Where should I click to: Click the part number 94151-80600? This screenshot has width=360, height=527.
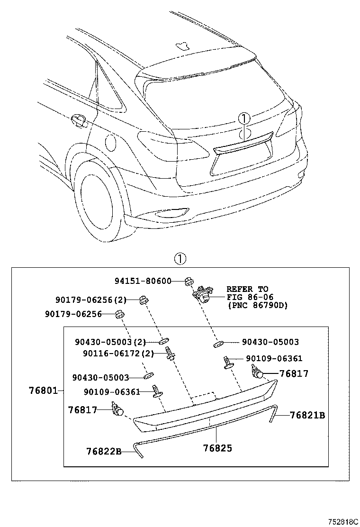(x=143, y=281)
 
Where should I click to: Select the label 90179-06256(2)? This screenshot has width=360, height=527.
(x=91, y=300)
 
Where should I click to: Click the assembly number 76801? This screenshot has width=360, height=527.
(x=43, y=391)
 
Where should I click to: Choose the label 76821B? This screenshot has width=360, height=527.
(x=307, y=415)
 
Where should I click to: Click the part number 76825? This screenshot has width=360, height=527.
(x=217, y=448)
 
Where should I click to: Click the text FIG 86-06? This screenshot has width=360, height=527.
(x=247, y=297)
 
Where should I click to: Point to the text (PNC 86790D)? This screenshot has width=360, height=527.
(x=257, y=306)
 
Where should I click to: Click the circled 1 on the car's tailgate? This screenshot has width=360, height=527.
(x=243, y=118)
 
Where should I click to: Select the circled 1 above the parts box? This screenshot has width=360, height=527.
(x=180, y=259)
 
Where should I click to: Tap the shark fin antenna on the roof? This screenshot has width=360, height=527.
(x=182, y=45)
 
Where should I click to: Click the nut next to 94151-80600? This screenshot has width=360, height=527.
(x=188, y=281)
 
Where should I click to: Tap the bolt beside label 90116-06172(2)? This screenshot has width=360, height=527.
(x=169, y=354)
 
